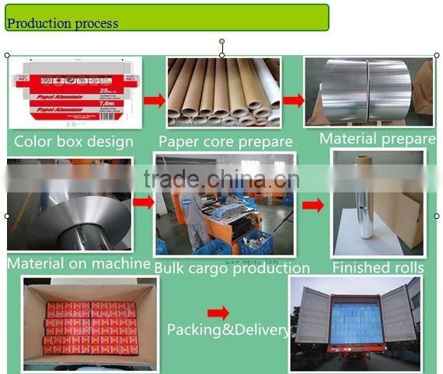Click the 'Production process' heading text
[62, 23]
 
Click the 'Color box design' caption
[74, 141]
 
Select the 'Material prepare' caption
[378, 139]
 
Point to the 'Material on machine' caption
[78, 263]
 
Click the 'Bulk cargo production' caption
[232, 268]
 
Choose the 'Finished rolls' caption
[378, 268]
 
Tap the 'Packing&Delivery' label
[228, 330]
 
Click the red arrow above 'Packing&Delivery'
[218, 313]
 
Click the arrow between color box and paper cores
[155, 100]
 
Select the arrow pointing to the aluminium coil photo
[293, 100]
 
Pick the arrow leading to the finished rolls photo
[313, 206]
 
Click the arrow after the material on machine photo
[143, 203]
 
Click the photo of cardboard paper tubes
[223, 92]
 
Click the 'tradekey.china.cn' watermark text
[221, 179]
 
